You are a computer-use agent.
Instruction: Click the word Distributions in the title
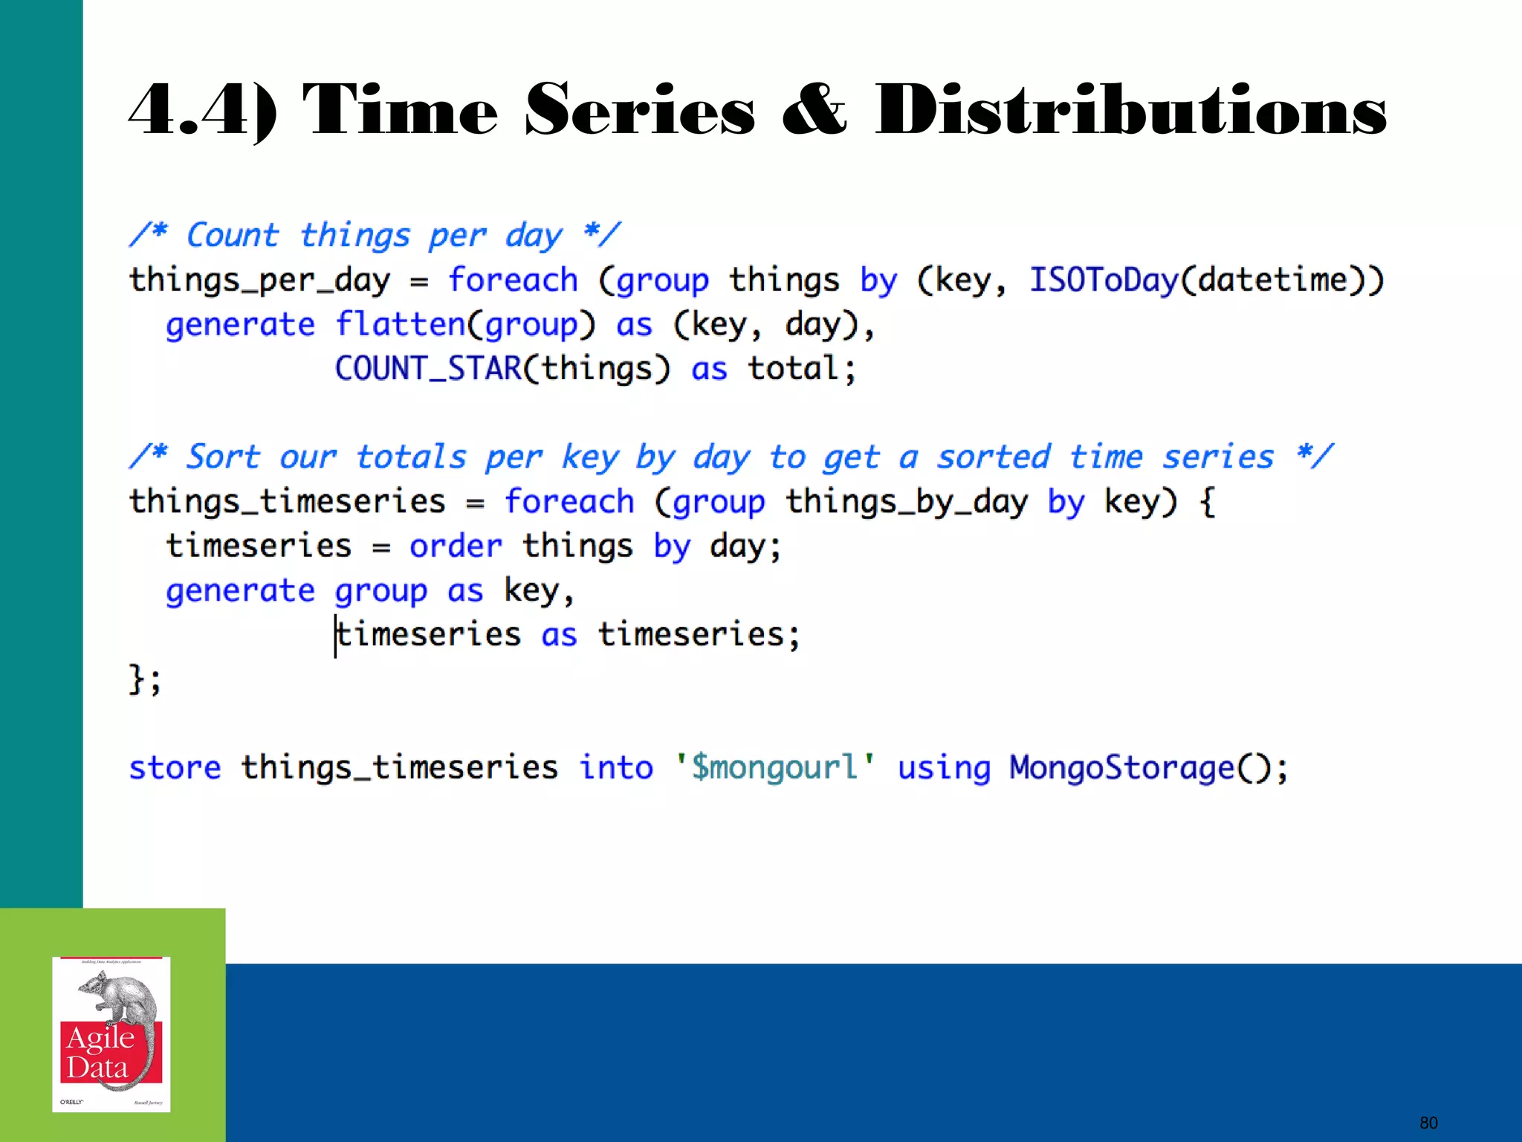tap(1130, 112)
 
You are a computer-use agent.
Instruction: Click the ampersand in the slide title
tap(814, 112)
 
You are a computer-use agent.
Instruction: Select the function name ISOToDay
tap(1103, 280)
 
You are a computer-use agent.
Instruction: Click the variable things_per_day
tap(259, 281)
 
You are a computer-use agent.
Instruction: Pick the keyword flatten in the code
tap(400, 325)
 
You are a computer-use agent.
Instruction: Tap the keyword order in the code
tap(456, 546)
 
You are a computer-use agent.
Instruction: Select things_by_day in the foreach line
tap(907, 502)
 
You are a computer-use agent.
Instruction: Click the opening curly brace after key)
tap(1208, 502)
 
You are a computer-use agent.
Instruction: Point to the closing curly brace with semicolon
tap(144, 679)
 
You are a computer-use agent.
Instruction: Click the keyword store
tap(175, 768)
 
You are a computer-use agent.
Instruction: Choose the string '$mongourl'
tap(774, 768)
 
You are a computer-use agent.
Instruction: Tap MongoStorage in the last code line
tap(1121, 768)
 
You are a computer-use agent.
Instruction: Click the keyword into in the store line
tap(616, 768)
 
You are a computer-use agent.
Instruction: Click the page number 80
tap(1428, 1123)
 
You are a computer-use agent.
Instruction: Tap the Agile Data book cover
tap(111, 1034)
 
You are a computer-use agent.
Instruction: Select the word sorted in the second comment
tap(994, 457)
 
